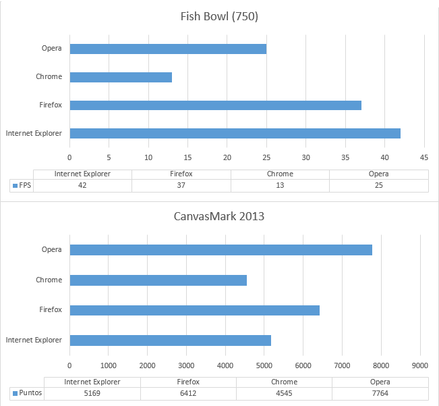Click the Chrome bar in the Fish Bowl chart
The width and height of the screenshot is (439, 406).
pyautogui.click(x=121, y=77)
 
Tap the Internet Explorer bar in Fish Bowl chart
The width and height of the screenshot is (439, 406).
pyautogui.click(x=235, y=133)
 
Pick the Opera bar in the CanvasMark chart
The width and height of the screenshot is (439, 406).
pyautogui.click(x=221, y=250)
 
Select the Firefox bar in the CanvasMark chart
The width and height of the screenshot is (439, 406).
pyautogui.click(x=194, y=310)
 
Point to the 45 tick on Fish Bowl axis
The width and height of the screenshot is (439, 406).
pyautogui.click(x=424, y=157)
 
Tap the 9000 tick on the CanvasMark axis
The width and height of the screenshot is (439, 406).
pyautogui.click(x=420, y=365)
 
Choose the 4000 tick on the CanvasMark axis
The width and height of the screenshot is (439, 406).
pyautogui.click(x=225, y=365)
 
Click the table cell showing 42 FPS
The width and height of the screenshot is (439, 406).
pyautogui.click(x=82, y=185)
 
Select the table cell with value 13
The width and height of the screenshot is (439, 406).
pyautogui.click(x=280, y=185)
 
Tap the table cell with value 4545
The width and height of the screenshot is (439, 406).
pyautogui.click(x=284, y=392)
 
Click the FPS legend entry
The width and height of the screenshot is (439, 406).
pyautogui.click(x=22, y=185)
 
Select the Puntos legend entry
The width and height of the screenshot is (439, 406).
pyautogui.click(x=27, y=392)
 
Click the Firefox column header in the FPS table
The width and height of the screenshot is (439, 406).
pyautogui.click(x=181, y=174)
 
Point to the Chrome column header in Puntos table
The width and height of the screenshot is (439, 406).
pyautogui.click(x=284, y=382)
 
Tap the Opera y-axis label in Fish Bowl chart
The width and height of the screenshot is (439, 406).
pyautogui.click(x=51, y=48)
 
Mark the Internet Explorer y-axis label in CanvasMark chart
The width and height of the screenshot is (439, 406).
pyautogui.click(x=34, y=340)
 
